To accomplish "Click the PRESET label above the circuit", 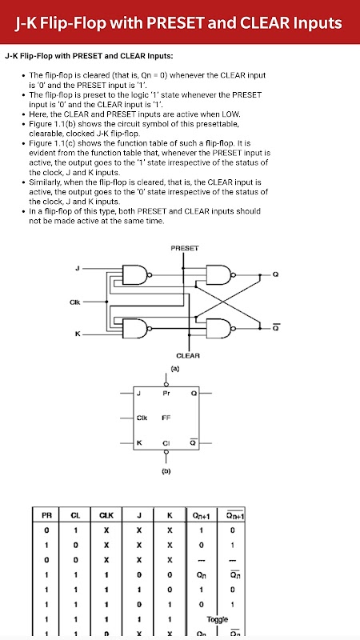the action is point(185,248).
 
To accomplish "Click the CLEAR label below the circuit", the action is point(188,355).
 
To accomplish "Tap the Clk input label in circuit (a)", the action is point(75,302).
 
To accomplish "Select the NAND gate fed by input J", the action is point(137,274).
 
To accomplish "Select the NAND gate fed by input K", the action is point(137,329).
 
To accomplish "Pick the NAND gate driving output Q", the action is point(222,274).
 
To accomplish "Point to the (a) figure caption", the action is point(175,368).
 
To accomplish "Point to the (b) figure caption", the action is point(166,471).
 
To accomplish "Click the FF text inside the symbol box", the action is point(166,418).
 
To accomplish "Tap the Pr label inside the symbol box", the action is point(166,394).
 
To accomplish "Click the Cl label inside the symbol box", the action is point(166,443).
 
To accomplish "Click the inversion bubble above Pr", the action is point(166,385).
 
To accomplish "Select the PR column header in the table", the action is point(46,516).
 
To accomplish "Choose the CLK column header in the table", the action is point(106,516).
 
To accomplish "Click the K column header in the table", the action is point(170,516).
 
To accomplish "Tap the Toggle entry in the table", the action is point(217,619).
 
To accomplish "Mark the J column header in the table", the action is point(139,516).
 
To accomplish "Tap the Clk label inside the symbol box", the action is point(142,418).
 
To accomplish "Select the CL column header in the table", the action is point(75,516).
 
